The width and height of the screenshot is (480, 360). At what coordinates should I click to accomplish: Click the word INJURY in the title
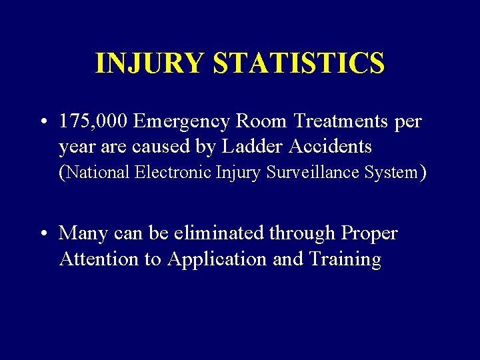tap(150, 63)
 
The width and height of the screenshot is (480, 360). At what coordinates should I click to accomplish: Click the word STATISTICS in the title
tap(299, 63)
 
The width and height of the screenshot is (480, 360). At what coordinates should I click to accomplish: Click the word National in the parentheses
tap(97, 172)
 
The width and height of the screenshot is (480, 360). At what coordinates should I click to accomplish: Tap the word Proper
tap(369, 234)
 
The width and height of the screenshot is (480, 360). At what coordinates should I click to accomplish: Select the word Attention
tap(99, 259)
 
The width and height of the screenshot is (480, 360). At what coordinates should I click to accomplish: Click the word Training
tap(345, 259)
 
